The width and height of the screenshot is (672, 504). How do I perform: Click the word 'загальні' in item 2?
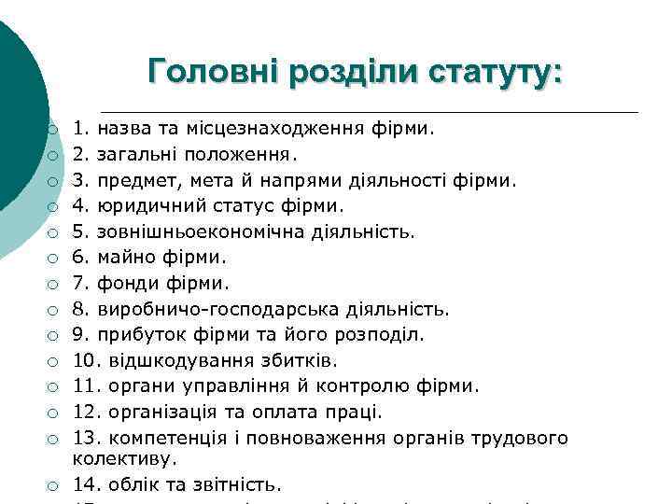(x=133, y=152)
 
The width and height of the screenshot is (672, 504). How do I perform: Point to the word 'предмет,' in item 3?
(x=139, y=178)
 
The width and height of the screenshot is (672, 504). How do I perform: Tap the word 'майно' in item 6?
(x=123, y=256)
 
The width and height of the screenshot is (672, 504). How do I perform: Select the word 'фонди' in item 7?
(x=126, y=282)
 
